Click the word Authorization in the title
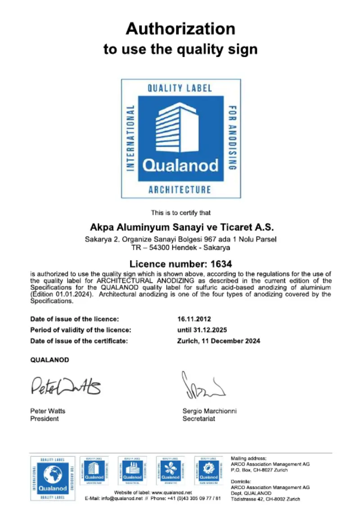[x=180, y=29]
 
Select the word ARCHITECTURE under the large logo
[x=180, y=189]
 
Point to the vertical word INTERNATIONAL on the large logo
[x=131, y=139]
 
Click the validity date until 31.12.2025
[x=202, y=330]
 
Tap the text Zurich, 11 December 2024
[x=219, y=341]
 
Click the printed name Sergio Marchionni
[x=209, y=411]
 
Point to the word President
[x=44, y=418]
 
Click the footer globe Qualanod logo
[x=53, y=478]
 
